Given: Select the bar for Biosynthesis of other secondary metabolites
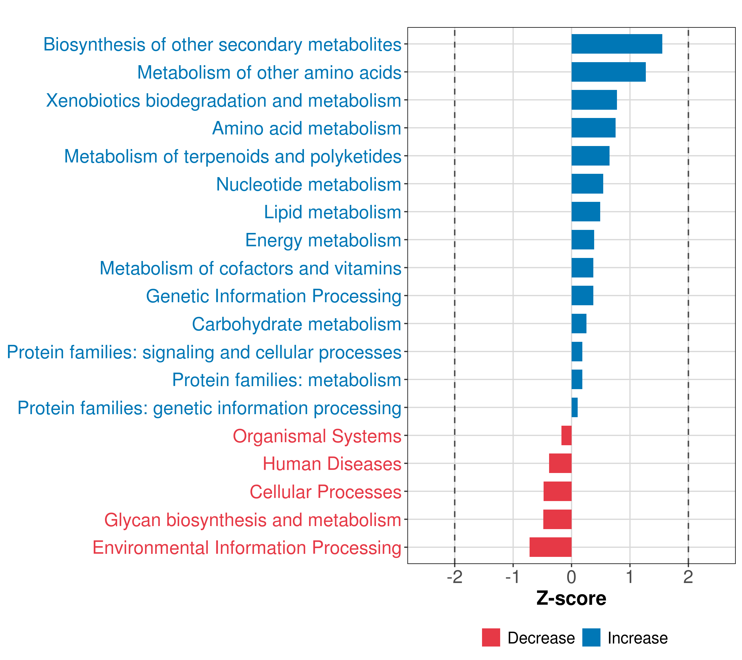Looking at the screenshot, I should coord(616,44).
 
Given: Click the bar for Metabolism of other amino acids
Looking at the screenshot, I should coord(608,72).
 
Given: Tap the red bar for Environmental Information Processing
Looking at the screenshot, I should coord(550,547).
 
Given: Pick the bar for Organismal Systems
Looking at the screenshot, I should coord(566,436).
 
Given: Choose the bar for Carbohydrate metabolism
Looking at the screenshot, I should coord(579,324).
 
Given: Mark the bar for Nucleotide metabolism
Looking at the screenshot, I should coord(587,184).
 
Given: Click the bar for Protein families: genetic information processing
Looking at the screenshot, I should coord(574,408).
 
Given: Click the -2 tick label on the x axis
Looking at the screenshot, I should coord(455,577).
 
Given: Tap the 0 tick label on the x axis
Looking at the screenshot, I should coord(571,577).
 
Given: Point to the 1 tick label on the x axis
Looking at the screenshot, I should coord(630,577).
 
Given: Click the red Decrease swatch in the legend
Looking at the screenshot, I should coord(491,637).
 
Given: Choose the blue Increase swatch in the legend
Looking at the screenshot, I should coord(591,637).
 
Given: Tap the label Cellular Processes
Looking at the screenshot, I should coord(325,492).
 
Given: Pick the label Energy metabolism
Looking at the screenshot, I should coord(323,240).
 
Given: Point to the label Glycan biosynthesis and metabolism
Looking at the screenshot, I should coord(253,520).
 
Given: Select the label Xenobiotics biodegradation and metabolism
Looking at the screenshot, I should coord(224,101).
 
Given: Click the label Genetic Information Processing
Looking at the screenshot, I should coord(274,296).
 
